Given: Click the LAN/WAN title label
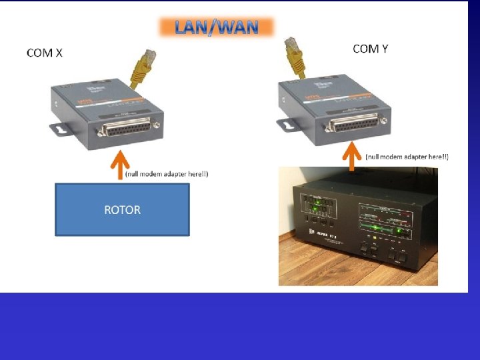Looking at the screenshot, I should pos(216,27).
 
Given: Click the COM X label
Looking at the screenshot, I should pos(45,53).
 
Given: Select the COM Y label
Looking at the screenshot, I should pos(371,48).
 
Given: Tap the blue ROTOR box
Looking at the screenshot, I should pos(122,209).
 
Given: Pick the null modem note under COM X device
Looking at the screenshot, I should pos(167,174).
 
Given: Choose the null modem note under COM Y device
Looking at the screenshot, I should pos(407,157).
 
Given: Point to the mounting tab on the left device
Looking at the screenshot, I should pos(60,127).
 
